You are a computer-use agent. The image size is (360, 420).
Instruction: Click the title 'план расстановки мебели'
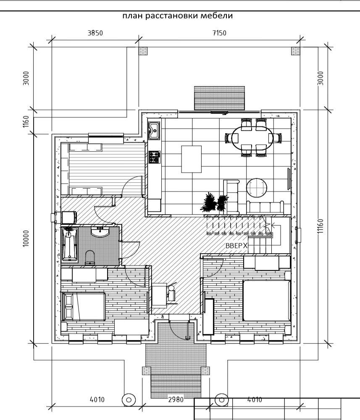[x=178, y=16]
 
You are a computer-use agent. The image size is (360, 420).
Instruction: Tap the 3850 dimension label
[x=95, y=33]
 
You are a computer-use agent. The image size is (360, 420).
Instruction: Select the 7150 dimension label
[x=219, y=33]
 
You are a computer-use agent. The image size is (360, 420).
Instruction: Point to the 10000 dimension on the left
[x=26, y=238]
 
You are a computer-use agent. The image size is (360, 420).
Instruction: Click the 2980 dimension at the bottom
[x=176, y=399]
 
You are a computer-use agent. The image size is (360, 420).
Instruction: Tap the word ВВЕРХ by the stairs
[x=236, y=246]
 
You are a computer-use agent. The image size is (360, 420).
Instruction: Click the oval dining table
[x=252, y=138]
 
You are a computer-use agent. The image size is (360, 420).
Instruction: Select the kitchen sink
[x=154, y=131]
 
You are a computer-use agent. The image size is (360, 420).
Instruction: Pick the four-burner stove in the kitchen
[x=155, y=157]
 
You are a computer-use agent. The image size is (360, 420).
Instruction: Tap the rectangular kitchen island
[x=191, y=159]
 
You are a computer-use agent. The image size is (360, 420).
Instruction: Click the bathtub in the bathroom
[x=70, y=244]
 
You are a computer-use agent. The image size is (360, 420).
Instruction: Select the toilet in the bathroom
[x=90, y=257]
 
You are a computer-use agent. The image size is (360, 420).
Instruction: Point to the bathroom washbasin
[x=100, y=232]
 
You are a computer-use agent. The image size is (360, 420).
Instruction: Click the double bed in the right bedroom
[x=267, y=300]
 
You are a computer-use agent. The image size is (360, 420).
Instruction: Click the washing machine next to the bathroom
[x=69, y=217]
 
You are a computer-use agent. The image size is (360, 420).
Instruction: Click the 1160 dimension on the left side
[x=26, y=121]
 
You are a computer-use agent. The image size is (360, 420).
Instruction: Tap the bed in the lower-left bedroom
[x=84, y=307]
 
